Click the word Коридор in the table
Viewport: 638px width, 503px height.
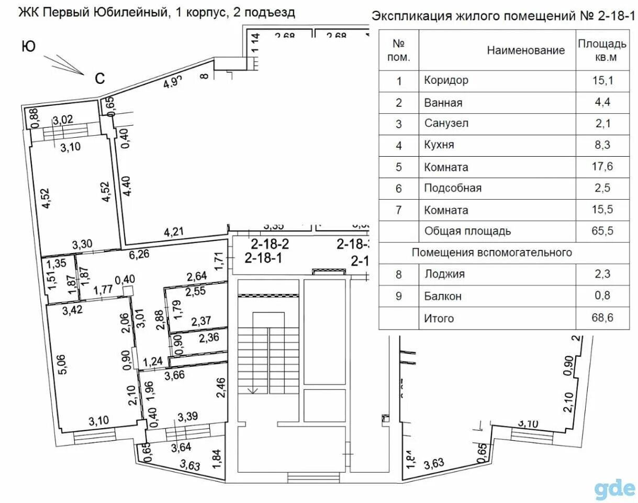446,81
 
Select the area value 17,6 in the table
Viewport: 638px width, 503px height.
603,168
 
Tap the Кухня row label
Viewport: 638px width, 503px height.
439,146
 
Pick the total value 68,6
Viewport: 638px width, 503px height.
603,318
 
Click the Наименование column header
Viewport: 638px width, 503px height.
526,50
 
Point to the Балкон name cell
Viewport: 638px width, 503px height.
443,296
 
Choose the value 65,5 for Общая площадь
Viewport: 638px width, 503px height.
603,231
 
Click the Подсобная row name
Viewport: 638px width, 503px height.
453,188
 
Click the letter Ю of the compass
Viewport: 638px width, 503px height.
28,47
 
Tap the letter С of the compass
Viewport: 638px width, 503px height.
99,79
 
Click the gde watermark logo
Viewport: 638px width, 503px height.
614,488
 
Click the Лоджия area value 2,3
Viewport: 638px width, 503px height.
603,274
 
